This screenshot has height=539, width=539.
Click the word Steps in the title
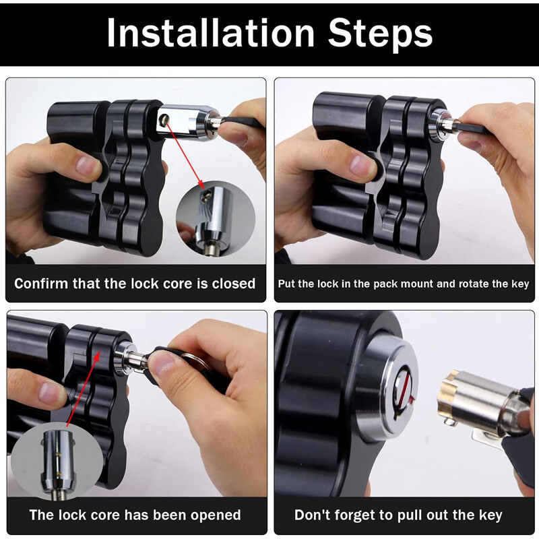[381, 33]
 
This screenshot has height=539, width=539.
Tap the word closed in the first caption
[231, 284]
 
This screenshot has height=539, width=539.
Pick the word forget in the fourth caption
[354, 515]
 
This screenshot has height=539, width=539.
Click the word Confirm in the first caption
[42, 284]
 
